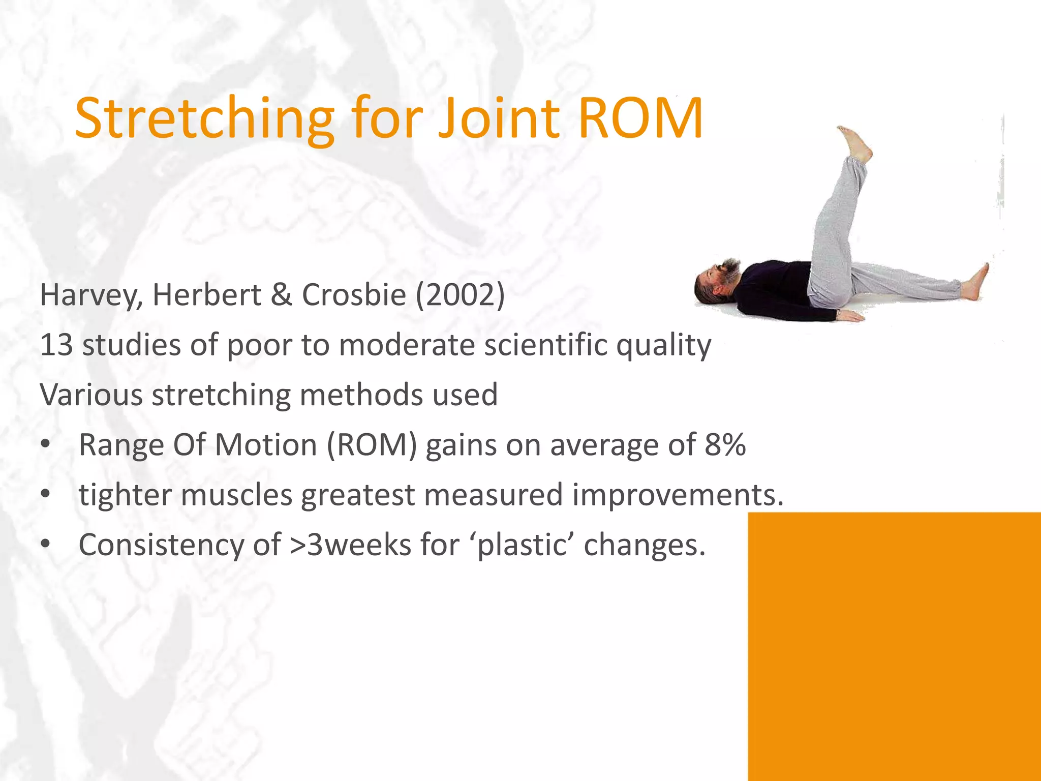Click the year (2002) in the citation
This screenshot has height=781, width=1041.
(x=460, y=295)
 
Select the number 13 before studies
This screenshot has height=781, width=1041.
(x=56, y=345)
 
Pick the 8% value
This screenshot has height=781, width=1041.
(x=725, y=444)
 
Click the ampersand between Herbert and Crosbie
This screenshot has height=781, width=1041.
(x=281, y=295)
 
